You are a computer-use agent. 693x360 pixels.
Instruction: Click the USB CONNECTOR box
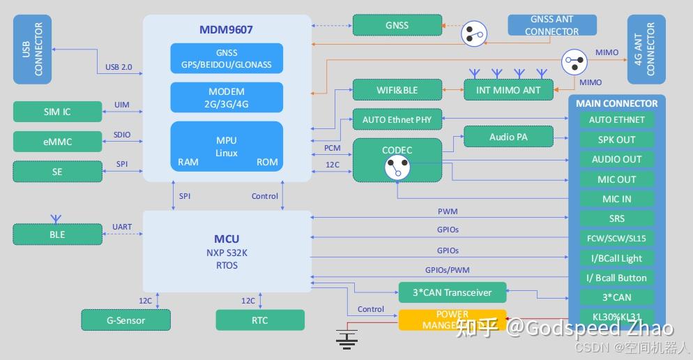[32, 50]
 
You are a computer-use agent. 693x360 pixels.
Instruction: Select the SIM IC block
[57, 112]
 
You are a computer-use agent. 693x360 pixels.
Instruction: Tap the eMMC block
[57, 142]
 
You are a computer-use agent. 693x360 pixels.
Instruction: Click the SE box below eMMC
[57, 172]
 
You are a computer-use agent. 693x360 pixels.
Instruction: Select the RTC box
[260, 320]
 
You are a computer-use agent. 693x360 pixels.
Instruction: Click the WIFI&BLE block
[397, 90]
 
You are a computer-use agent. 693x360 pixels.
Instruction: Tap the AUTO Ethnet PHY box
[397, 120]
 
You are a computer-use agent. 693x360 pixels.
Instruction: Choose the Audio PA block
[508, 137]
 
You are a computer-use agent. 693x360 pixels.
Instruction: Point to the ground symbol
[346, 338]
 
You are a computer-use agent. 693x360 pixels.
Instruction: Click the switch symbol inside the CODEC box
[397, 167]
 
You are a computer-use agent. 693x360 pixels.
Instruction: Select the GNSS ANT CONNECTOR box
[551, 26]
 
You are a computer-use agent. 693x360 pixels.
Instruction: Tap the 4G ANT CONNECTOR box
[646, 50]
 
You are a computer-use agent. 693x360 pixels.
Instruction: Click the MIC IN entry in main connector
[616, 199]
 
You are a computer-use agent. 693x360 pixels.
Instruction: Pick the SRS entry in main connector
[616, 218]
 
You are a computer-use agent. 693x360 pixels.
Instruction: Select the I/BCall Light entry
[616, 258]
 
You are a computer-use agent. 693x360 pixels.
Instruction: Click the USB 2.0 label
[119, 68]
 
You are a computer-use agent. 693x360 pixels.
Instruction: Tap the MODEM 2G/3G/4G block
[227, 98]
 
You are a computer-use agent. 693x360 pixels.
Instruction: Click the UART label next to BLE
[122, 227]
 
